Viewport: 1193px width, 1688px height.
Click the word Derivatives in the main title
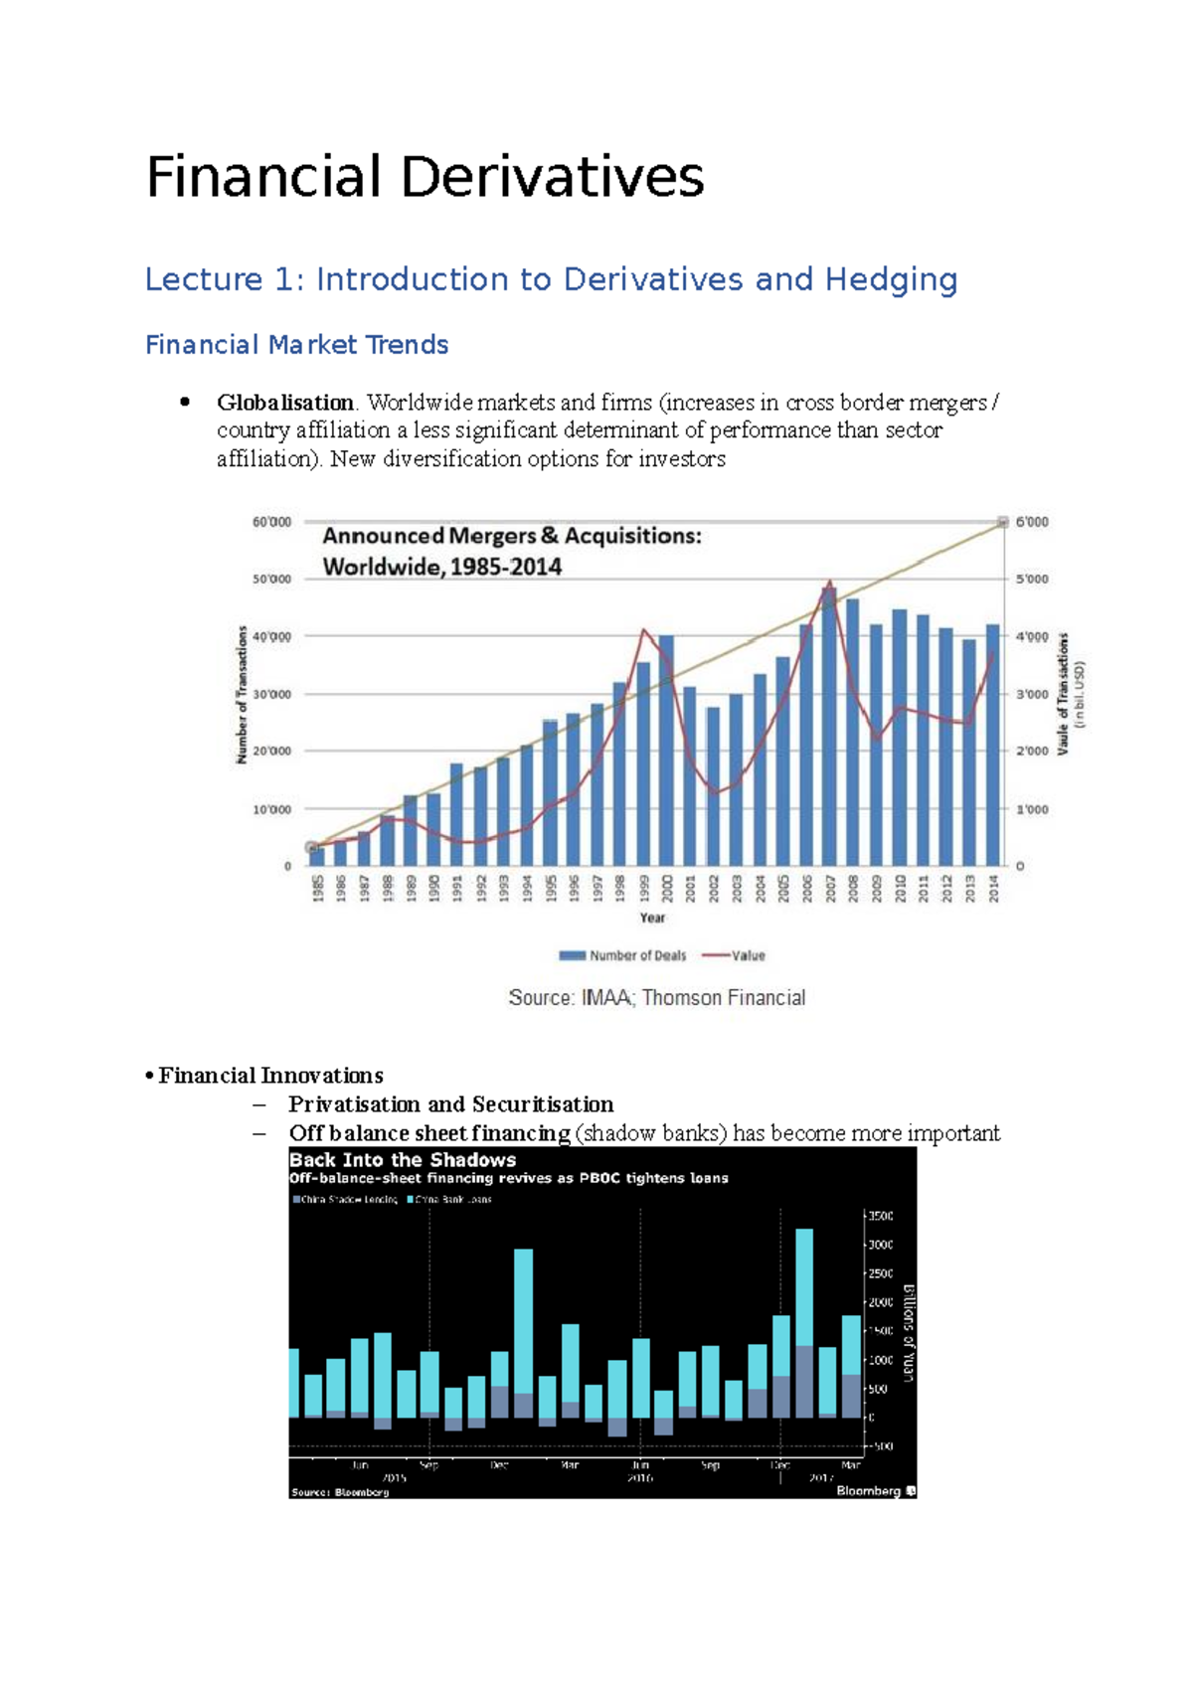(x=552, y=178)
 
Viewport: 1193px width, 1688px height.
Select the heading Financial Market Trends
(x=296, y=345)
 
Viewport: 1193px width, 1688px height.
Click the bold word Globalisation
(x=285, y=403)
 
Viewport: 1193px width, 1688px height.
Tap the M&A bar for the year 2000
(x=666, y=751)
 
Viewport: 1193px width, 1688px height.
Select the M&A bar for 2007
(x=828, y=726)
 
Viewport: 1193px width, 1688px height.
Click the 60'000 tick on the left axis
(x=271, y=522)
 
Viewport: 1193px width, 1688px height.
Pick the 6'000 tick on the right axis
(x=1032, y=522)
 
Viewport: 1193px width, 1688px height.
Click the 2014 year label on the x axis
(x=992, y=888)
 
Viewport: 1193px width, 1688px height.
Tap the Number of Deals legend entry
(x=623, y=955)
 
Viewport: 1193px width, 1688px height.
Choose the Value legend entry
(x=735, y=955)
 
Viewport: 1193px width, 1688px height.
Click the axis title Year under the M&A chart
(x=652, y=918)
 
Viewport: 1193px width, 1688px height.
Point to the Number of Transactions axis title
(x=242, y=694)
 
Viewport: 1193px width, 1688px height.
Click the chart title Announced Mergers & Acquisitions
(x=511, y=537)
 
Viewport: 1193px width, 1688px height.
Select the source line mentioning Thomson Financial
(x=656, y=997)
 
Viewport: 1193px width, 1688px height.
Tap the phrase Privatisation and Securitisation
(x=450, y=1104)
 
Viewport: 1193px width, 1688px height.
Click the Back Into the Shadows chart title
(x=403, y=1160)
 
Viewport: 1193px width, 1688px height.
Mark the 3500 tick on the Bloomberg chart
(x=880, y=1216)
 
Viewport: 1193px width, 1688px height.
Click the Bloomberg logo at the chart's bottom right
(x=876, y=1491)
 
